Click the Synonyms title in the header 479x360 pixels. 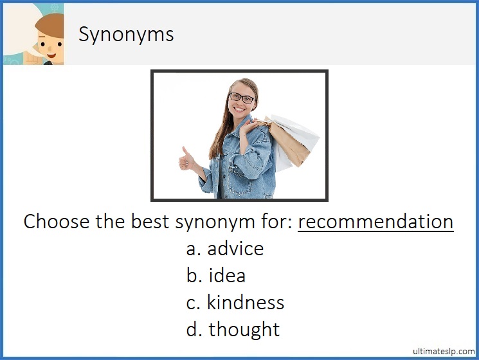(126, 34)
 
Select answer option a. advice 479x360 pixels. (225, 249)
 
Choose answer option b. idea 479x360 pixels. (216, 276)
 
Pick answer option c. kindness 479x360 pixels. (235, 303)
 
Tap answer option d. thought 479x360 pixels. (233, 330)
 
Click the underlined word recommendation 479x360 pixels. (375, 222)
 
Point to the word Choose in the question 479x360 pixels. (55, 222)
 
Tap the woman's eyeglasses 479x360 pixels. (242, 98)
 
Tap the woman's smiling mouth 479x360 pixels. (243, 110)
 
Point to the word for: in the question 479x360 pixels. (278, 222)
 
